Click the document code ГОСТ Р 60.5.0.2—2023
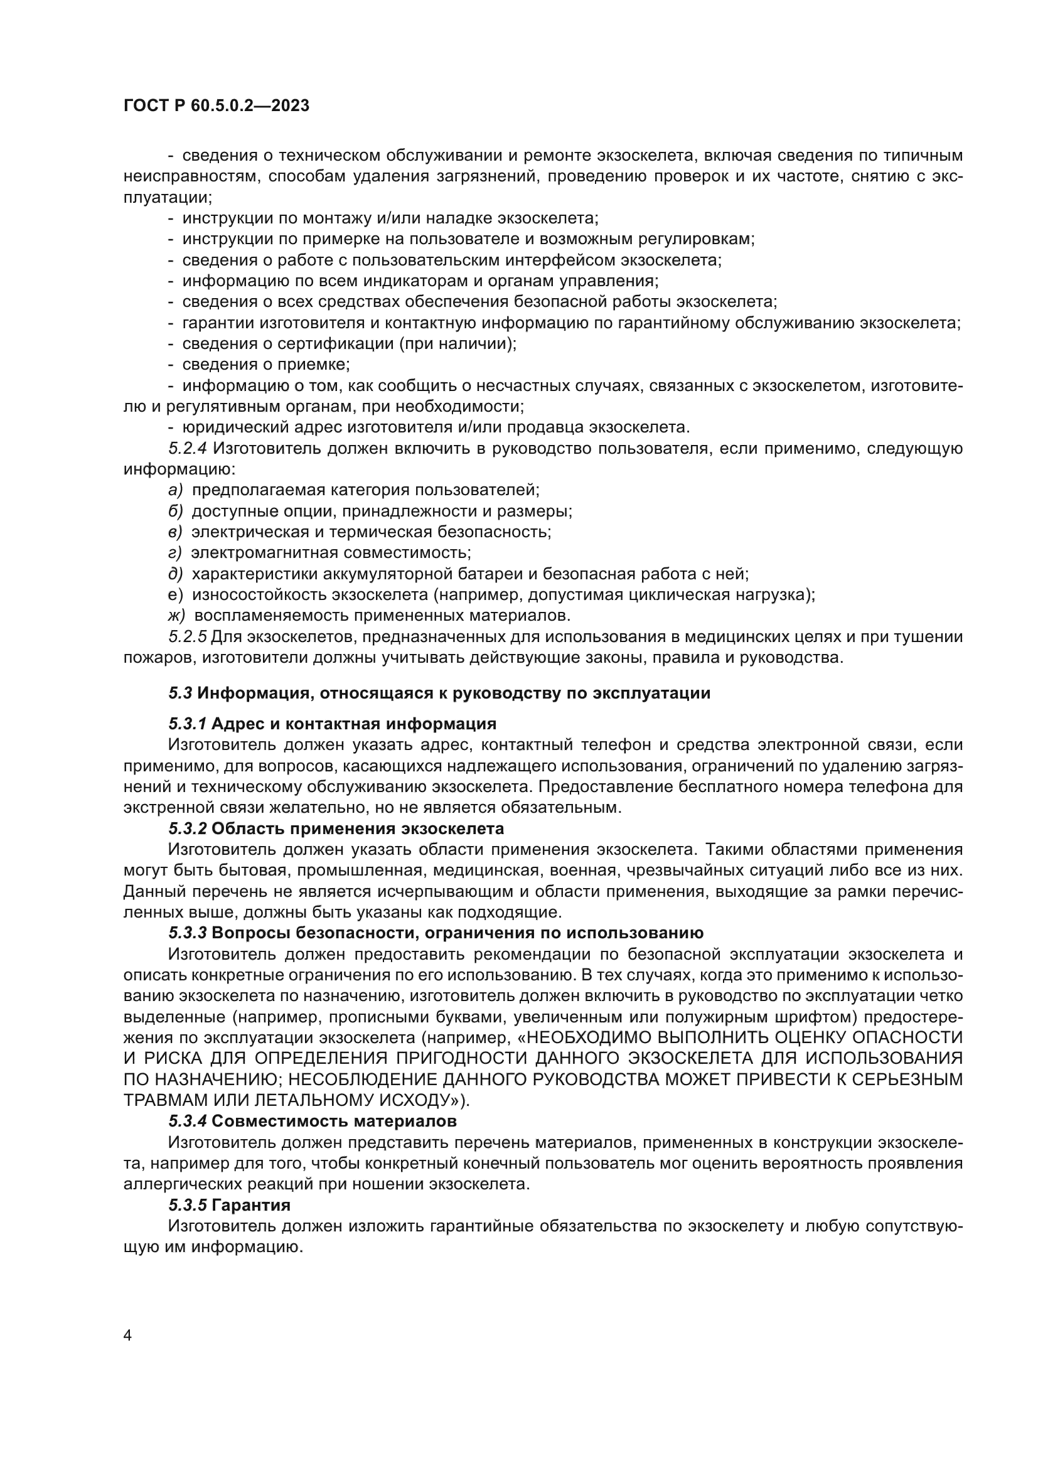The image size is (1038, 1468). (x=216, y=105)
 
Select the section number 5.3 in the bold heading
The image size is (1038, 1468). (x=180, y=693)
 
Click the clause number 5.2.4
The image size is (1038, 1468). (x=188, y=448)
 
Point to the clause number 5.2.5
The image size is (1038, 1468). (x=188, y=637)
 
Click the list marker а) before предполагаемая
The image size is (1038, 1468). (x=175, y=490)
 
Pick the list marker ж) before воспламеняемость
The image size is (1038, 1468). (x=176, y=616)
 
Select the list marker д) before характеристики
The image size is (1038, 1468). (x=175, y=574)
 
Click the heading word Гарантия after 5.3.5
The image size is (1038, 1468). (x=250, y=1205)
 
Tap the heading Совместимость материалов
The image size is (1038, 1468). (x=334, y=1121)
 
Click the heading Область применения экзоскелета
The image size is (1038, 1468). (x=357, y=828)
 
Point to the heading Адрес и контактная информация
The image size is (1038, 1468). (x=353, y=724)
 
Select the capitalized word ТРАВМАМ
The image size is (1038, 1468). (x=160, y=1100)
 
